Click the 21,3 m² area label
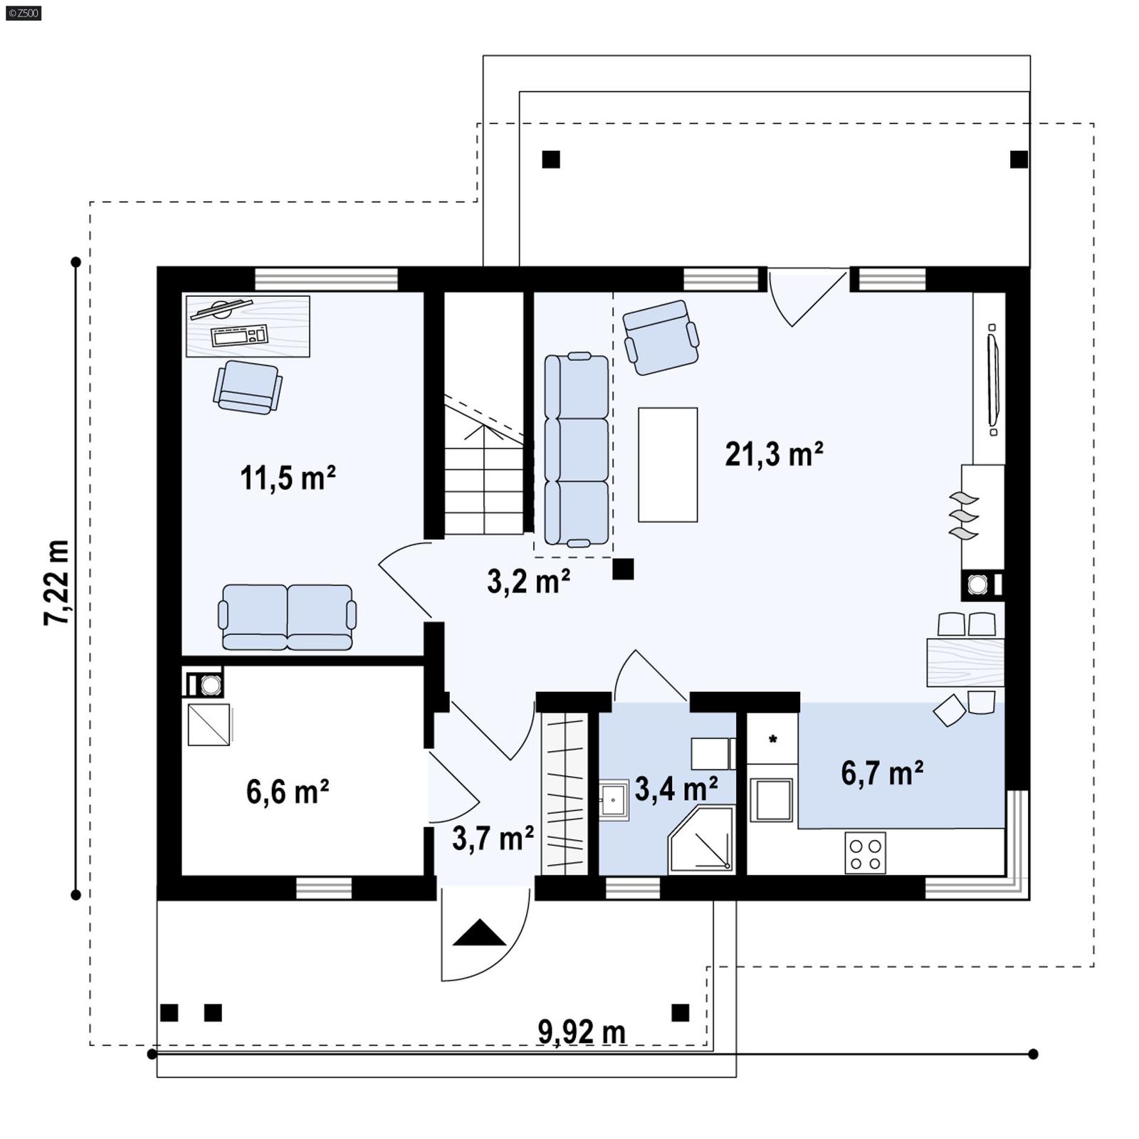(774, 454)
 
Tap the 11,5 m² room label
(288, 478)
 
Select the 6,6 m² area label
(288, 792)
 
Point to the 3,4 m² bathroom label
(676, 789)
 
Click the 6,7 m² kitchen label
(882, 773)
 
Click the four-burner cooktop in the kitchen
(865, 853)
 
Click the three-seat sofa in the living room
(576, 450)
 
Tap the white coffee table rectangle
(667, 464)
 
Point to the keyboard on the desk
(240, 335)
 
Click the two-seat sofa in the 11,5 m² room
(287, 617)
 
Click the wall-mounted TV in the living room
(992, 380)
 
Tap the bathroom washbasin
(612, 801)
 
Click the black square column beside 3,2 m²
(623, 569)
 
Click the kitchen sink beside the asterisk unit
(773, 800)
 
